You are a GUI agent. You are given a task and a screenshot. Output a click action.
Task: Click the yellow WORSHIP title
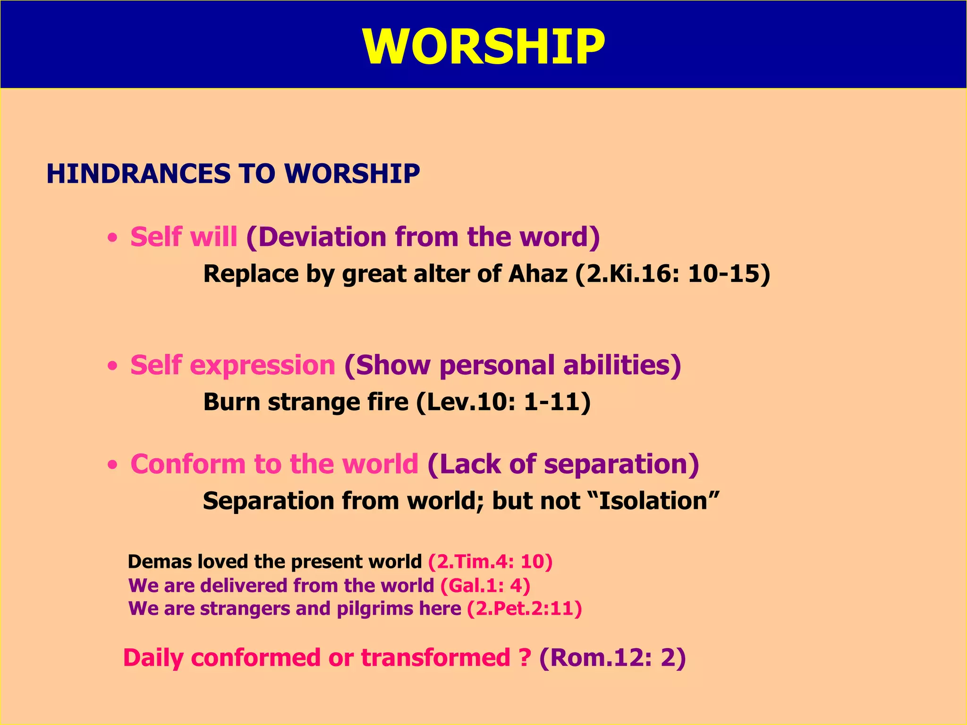(x=483, y=46)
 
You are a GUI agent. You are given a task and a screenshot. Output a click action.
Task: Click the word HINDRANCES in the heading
(x=137, y=173)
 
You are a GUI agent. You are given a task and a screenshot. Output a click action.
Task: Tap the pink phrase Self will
(x=184, y=236)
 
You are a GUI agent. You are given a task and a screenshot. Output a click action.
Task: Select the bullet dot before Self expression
(x=112, y=366)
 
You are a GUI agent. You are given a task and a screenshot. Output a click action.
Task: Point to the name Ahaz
(x=538, y=274)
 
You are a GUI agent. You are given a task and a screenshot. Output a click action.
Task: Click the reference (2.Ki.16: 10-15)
(x=672, y=274)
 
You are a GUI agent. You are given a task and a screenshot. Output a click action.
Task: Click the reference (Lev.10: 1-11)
(x=503, y=402)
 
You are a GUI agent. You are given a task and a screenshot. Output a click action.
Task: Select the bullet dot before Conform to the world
(x=112, y=465)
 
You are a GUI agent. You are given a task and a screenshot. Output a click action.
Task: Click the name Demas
(x=160, y=562)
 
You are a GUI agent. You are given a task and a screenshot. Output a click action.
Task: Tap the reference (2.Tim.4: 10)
(x=490, y=562)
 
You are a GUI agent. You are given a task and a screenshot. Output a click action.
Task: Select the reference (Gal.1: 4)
(x=485, y=585)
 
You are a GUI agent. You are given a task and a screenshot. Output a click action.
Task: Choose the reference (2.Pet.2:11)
(x=524, y=608)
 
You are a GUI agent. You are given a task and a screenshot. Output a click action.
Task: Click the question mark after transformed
(x=525, y=658)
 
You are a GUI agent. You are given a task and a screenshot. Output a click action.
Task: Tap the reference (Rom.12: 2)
(x=612, y=658)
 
